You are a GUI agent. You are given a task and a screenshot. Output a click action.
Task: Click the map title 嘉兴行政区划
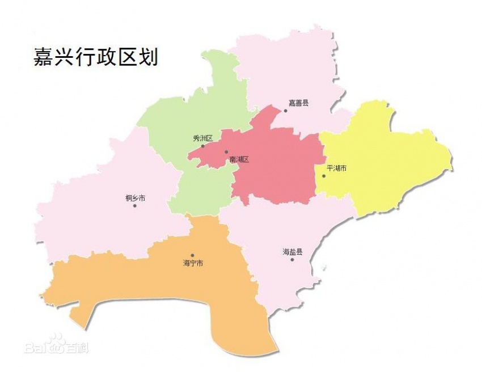(95, 58)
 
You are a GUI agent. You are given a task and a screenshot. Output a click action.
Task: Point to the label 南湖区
(239, 160)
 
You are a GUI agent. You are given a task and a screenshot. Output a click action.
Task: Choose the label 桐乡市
(135, 198)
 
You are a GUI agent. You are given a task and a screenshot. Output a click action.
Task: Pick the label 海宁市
(193, 263)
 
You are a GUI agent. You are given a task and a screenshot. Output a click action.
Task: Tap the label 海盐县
(293, 251)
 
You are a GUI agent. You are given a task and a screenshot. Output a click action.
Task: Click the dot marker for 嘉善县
(286, 111)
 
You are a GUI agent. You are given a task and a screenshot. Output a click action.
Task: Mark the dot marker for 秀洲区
(202, 146)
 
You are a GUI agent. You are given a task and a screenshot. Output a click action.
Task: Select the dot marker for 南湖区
(226, 152)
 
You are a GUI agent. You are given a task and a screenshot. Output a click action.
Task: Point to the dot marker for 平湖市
(324, 176)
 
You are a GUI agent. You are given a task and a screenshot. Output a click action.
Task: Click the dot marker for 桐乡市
(135, 205)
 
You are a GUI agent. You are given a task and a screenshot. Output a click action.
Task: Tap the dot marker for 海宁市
(192, 256)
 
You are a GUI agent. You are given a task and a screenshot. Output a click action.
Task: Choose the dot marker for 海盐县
(293, 259)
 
